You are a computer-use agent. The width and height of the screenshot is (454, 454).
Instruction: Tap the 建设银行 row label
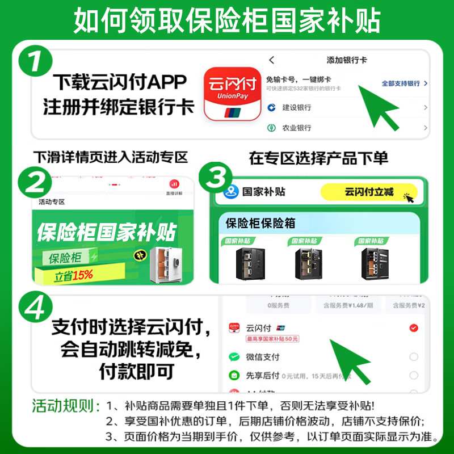click(297, 107)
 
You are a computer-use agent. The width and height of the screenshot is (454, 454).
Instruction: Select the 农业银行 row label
click(297, 128)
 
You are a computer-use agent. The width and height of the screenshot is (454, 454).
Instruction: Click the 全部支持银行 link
click(401, 83)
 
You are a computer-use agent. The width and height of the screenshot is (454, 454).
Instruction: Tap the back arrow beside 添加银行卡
click(272, 60)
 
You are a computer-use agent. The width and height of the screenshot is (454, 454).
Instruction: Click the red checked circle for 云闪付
click(414, 328)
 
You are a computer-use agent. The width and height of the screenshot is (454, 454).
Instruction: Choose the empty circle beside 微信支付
click(414, 356)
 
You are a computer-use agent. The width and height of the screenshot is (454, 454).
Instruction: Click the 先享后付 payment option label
click(262, 375)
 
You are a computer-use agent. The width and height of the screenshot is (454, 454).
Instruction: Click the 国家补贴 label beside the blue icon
click(264, 191)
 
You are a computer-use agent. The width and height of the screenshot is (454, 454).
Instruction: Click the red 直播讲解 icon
click(174, 184)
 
